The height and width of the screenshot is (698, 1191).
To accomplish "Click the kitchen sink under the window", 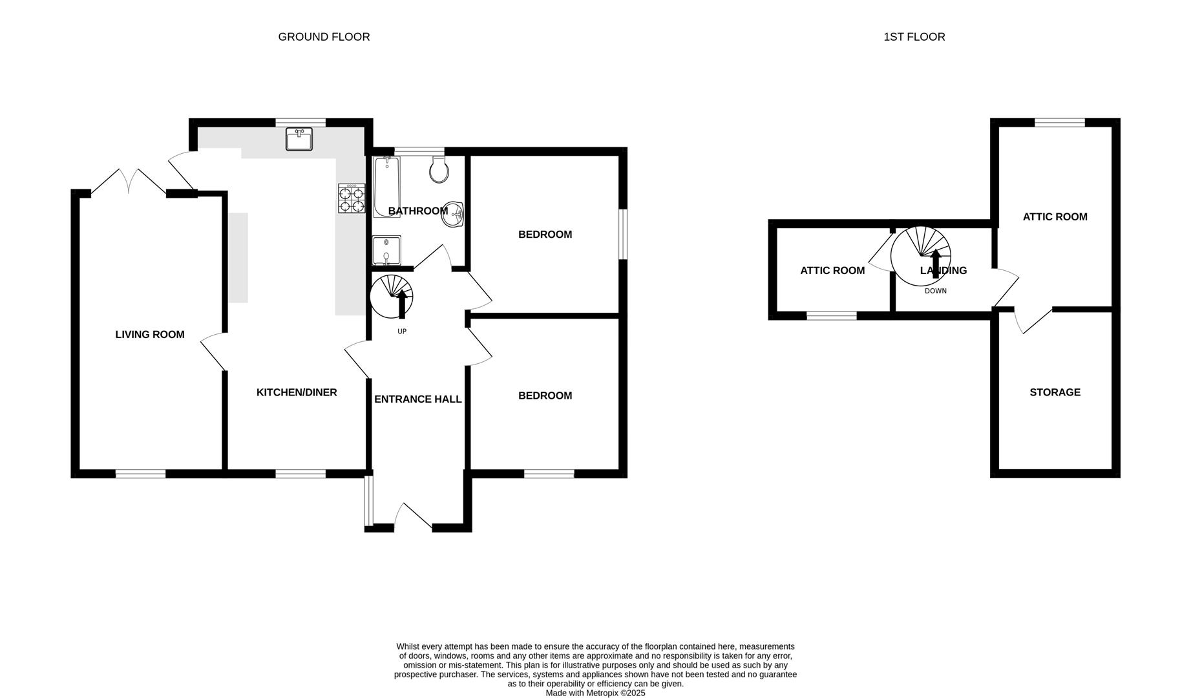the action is (x=299, y=139).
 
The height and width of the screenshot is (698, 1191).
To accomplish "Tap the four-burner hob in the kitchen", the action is (x=350, y=198).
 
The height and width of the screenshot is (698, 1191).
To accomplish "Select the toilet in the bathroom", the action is (x=439, y=170).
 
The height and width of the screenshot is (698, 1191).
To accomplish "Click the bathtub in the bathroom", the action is (x=386, y=186).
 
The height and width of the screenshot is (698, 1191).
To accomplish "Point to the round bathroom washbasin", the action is (x=453, y=215).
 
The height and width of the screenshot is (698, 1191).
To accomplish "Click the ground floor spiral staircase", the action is (x=392, y=297).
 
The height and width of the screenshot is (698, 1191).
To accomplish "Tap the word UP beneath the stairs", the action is (x=402, y=332).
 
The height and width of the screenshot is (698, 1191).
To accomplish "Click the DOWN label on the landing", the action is (x=936, y=291).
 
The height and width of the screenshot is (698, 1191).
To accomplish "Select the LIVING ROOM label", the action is (x=150, y=334).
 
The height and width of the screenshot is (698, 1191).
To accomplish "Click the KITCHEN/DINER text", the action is (x=297, y=392).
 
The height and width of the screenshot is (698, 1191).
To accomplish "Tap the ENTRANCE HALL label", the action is (x=418, y=399).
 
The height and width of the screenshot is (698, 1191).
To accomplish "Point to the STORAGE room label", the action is (x=1055, y=392).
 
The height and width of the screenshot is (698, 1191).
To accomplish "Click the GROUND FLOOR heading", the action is (x=324, y=37).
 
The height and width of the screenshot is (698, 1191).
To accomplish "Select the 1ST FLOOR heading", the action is (x=914, y=37).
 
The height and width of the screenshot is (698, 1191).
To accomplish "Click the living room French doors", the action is (x=129, y=182).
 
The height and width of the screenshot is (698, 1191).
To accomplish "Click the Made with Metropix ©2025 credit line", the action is (x=595, y=693).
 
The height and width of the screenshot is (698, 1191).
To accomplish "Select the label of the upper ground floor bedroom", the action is (x=545, y=235).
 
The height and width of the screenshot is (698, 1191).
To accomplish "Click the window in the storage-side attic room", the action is (x=1060, y=122).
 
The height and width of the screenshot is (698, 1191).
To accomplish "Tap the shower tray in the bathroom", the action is (x=386, y=251).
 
